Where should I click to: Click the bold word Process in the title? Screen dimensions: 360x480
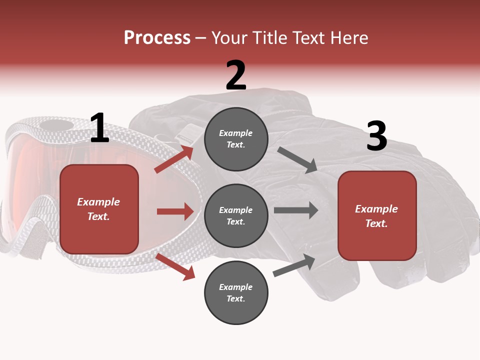[x=157, y=38]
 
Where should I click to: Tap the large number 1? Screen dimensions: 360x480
[x=99, y=128]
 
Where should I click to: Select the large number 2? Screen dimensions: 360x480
[x=236, y=75]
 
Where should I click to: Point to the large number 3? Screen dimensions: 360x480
[x=376, y=136]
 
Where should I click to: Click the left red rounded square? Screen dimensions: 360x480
[x=99, y=209]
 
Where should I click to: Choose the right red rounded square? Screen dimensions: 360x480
[x=377, y=215]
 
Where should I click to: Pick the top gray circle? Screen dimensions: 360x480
[x=236, y=139]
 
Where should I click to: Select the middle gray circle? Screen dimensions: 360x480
[x=236, y=215]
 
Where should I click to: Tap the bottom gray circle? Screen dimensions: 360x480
[x=236, y=292]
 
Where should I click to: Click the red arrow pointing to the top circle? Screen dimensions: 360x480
[x=173, y=159]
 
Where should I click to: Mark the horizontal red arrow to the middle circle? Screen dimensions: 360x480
[x=175, y=211]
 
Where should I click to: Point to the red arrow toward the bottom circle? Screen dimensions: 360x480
[x=175, y=266]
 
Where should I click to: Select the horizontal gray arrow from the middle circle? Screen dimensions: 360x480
[x=296, y=210]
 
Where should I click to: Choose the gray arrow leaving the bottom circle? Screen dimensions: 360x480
[x=294, y=265]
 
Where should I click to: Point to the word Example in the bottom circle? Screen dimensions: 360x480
[x=236, y=287]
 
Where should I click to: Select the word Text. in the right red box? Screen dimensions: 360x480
[x=377, y=223]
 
